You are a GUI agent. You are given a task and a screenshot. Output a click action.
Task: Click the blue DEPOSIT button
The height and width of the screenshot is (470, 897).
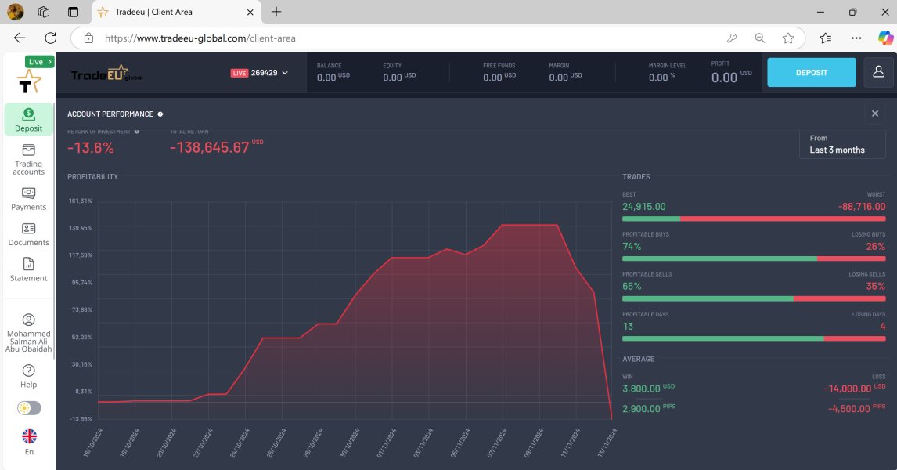[811, 72]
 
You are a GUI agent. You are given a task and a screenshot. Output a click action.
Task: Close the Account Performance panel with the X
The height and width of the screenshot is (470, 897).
[875, 114]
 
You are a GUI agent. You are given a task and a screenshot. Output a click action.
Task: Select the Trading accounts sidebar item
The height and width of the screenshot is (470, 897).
[29, 159]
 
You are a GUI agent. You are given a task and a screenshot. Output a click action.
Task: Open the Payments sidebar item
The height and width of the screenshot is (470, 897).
[29, 199]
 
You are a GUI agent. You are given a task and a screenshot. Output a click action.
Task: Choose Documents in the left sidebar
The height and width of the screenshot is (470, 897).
[29, 234]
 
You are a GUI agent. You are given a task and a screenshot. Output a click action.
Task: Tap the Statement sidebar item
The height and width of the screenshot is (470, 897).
[29, 269]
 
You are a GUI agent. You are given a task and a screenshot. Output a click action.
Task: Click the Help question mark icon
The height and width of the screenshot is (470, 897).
[29, 371]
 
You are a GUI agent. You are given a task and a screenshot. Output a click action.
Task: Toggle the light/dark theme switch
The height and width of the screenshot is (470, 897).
[29, 408]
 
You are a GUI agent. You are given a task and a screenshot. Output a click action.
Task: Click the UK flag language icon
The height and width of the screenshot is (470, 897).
[29, 436]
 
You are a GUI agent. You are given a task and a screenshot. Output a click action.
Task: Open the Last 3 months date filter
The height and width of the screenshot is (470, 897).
[841, 144]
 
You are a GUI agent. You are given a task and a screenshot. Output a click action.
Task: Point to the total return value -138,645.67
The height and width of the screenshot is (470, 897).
[209, 147]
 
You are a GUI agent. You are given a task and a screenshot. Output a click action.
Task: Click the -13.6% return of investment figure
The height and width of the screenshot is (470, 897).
[91, 147]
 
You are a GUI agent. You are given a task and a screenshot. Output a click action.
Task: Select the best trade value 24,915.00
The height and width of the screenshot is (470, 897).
[644, 207]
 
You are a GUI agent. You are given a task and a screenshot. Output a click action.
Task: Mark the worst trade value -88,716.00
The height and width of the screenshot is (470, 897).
[862, 207]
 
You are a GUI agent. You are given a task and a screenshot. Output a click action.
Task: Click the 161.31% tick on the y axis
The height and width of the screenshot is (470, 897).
[81, 201]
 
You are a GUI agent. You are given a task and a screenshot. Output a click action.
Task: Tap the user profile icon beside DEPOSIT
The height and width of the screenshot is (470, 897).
[879, 72]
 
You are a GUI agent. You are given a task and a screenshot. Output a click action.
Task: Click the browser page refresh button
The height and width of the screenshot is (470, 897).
[51, 38]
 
